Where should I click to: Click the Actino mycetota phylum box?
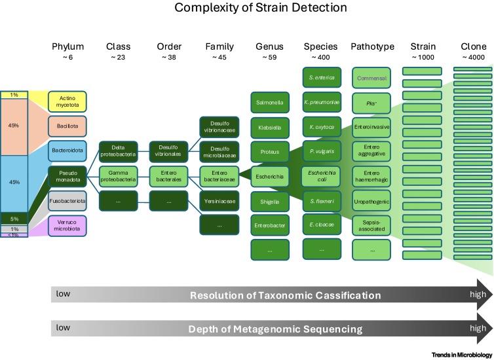[x=67, y=101]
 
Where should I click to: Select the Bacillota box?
[x=67, y=126]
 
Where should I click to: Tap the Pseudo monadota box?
[x=67, y=175]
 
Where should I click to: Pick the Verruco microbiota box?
[x=67, y=226]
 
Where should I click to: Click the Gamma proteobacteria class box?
[x=118, y=175]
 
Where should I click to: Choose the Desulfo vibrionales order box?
[x=169, y=151]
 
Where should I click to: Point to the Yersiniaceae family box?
[x=219, y=200]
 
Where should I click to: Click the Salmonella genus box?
[x=269, y=102]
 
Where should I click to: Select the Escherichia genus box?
[x=269, y=175]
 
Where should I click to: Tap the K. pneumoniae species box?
[x=321, y=103]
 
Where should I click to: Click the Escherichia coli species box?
[x=321, y=175]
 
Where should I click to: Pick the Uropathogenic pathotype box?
[x=372, y=200]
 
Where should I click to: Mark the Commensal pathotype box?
[x=372, y=78]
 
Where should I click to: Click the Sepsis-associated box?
[x=372, y=225]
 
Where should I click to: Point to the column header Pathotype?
[x=372, y=46]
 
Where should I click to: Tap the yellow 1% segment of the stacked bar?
[x=14, y=95]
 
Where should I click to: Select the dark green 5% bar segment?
[x=14, y=219]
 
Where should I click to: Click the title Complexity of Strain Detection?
[x=247, y=9]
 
